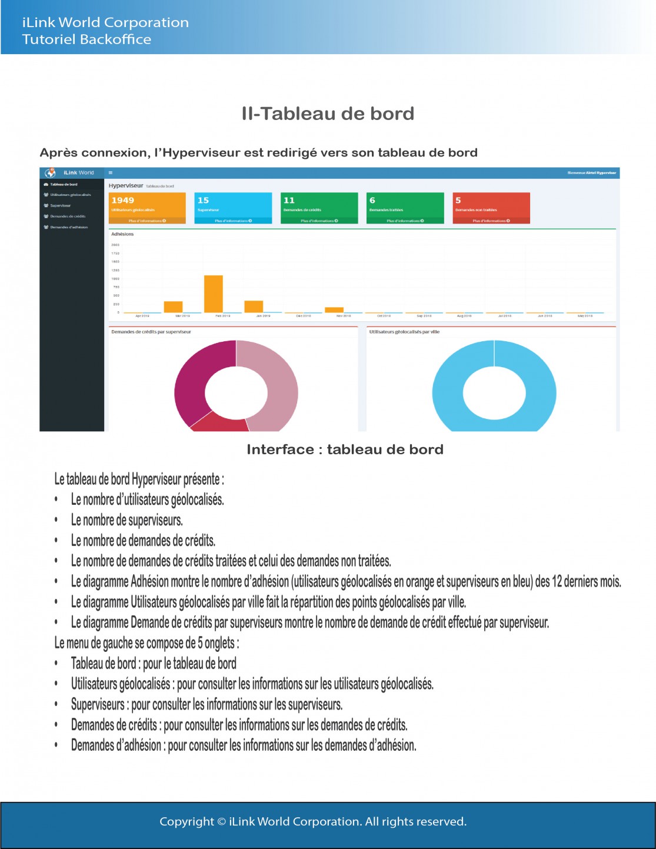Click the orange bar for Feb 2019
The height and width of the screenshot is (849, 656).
(214, 294)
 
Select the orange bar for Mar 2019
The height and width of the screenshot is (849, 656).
(173, 307)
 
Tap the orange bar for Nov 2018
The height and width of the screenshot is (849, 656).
(334, 309)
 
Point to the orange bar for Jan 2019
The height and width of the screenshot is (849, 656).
(254, 306)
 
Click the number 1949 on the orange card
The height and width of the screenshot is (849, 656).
(123, 201)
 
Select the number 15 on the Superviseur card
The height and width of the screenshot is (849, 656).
(203, 201)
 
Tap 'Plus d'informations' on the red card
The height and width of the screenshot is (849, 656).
(491, 221)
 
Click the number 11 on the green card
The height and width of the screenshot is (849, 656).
(289, 201)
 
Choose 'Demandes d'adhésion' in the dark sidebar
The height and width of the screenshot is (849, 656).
(69, 227)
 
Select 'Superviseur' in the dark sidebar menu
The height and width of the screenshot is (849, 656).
(60, 205)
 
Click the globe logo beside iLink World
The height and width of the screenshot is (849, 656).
(51, 173)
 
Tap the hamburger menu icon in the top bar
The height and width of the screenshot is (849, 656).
(111, 173)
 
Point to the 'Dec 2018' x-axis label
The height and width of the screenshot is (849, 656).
(303, 316)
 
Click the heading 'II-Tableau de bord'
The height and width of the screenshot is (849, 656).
(328, 114)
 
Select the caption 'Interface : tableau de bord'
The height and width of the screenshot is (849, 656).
(345, 450)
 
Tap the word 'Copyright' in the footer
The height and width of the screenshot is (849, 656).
(187, 821)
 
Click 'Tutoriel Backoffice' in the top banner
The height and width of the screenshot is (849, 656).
(86, 39)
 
